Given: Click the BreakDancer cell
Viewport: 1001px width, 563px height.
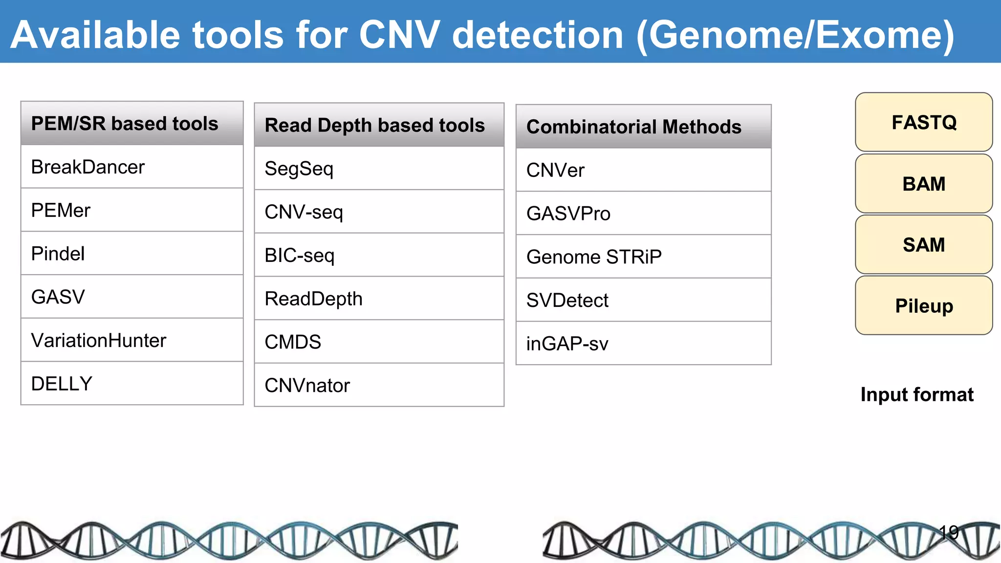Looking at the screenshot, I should click(132, 167).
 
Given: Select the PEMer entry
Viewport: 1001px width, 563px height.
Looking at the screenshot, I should click(132, 211).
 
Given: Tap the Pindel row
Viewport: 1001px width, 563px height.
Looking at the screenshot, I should click(132, 254).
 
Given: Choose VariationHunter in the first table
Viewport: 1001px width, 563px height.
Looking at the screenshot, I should click(132, 341).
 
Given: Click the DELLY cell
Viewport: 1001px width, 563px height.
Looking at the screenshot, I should click(132, 384).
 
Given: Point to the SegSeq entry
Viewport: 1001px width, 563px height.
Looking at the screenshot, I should click(379, 169).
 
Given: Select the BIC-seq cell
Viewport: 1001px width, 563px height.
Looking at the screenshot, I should click(379, 256).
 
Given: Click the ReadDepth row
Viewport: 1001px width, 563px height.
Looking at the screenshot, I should click(379, 299).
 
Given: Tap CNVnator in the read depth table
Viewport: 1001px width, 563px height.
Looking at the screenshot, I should click(379, 386).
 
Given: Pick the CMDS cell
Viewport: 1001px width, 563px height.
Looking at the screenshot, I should click(379, 342).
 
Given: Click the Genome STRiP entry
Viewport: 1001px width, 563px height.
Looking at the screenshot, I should click(643, 257).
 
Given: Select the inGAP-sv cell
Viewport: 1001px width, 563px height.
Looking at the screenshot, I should click(643, 344).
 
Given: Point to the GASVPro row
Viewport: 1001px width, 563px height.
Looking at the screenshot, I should click(643, 214).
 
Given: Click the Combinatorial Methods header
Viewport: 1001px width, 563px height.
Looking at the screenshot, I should click(643, 127).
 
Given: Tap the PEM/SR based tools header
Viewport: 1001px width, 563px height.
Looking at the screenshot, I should click(132, 124).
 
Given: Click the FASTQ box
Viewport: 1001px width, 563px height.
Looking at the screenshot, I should click(924, 122).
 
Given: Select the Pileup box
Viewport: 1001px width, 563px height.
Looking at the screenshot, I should click(924, 306).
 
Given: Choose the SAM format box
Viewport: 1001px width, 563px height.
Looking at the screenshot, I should click(924, 245).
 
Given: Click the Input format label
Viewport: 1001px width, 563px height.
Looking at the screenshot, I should click(917, 394).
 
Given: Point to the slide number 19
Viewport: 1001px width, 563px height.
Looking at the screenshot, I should click(949, 532).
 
